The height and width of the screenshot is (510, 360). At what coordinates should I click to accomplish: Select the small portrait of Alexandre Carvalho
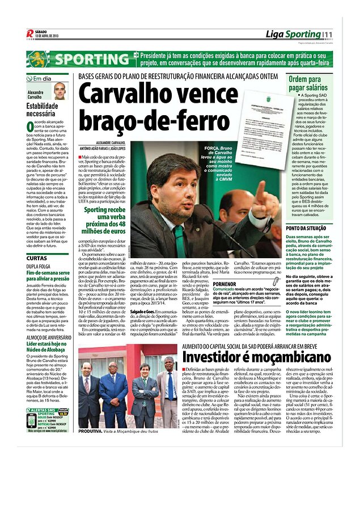60,91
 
